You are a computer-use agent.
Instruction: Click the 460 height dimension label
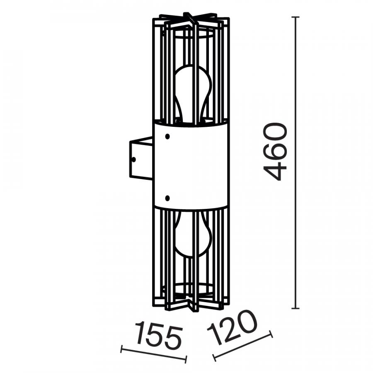click(x=275, y=152)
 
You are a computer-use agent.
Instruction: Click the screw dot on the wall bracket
click(x=134, y=160)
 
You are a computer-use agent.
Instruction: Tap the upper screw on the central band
click(x=167, y=136)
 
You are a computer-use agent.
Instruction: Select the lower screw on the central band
click(x=167, y=198)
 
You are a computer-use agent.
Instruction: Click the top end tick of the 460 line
click(x=295, y=17)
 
